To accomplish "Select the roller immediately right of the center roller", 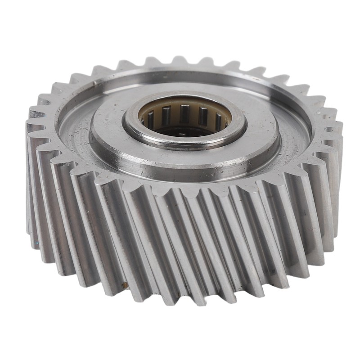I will [203, 116].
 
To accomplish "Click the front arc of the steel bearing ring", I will [184, 143].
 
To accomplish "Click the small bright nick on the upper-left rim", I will [94, 84].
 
